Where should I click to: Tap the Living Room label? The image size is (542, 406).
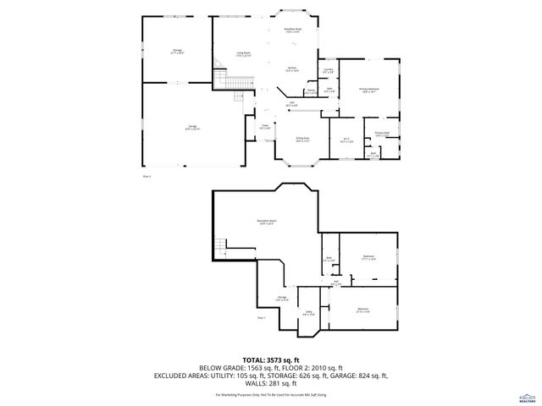[x=243, y=55]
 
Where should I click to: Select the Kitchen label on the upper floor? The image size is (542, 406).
[x=290, y=69]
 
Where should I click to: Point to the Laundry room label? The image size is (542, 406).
[x=328, y=70]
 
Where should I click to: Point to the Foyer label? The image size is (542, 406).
[x=263, y=128]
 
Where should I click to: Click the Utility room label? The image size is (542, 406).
[x=308, y=314]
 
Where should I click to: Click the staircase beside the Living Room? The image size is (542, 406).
[x=222, y=79]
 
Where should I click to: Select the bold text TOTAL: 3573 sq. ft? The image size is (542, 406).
[x=270, y=359]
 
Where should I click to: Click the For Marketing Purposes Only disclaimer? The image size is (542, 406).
[x=270, y=394]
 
